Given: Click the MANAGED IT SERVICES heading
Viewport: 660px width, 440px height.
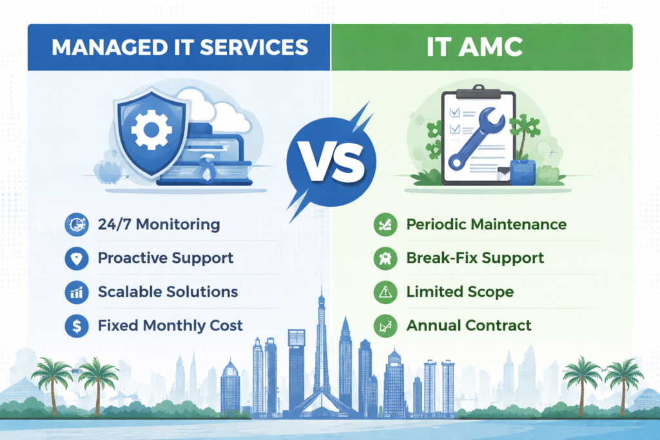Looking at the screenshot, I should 179,48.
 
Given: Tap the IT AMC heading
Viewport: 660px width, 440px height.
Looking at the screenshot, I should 481,48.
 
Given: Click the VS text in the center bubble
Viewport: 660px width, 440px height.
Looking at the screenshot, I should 329,160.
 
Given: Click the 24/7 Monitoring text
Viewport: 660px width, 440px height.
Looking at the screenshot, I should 159,225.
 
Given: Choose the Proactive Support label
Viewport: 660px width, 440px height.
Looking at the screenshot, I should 166,258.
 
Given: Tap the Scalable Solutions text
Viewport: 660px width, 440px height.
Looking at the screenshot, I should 168,292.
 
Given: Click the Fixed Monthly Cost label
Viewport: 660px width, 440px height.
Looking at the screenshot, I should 170,325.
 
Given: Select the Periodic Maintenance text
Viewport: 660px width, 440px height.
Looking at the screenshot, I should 486,225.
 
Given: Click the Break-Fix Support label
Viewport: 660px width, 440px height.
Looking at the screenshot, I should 475,258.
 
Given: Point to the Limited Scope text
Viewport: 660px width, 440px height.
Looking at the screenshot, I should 460,292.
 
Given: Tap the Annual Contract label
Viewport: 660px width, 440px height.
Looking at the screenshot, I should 469,325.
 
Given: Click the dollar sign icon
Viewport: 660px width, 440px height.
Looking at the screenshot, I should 77,326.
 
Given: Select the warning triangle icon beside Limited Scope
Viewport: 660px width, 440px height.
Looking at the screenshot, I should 385,292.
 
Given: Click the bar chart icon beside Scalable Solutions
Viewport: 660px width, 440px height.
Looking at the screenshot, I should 77,292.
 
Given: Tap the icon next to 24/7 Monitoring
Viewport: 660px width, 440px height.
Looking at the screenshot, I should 77,225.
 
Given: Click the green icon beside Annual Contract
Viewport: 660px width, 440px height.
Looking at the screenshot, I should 385,326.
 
